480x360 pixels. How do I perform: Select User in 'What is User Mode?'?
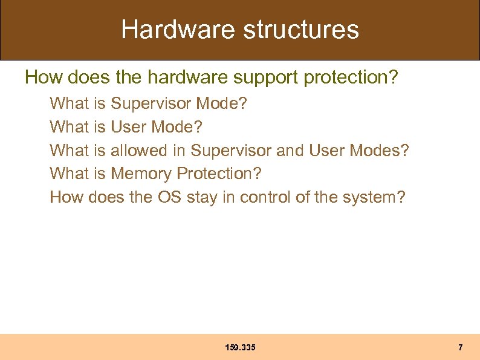pos(129,127)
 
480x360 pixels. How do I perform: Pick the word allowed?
pos(140,150)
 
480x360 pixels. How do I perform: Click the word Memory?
pos(141,174)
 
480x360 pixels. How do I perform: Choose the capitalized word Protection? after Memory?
pos(219,174)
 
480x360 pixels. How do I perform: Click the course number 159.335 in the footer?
pos(240,347)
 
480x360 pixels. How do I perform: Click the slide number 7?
pos(461,347)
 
